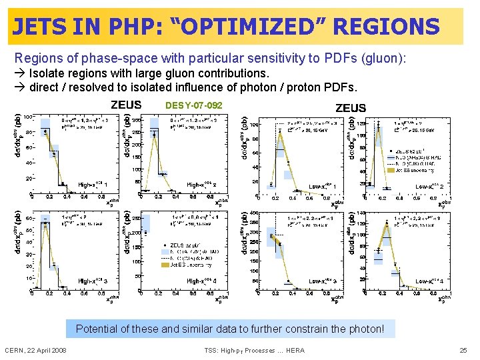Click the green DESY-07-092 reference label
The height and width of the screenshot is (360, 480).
pyautogui.click(x=193, y=106)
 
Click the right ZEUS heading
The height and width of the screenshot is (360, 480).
pyautogui.click(x=350, y=108)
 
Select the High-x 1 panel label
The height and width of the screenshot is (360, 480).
pyautogui.click(x=93, y=183)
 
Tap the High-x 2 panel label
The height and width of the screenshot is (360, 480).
pyautogui.click(x=202, y=183)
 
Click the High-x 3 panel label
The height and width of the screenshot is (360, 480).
pyautogui.click(x=93, y=282)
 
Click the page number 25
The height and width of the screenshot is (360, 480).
pyautogui.click(x=464, y=350)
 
